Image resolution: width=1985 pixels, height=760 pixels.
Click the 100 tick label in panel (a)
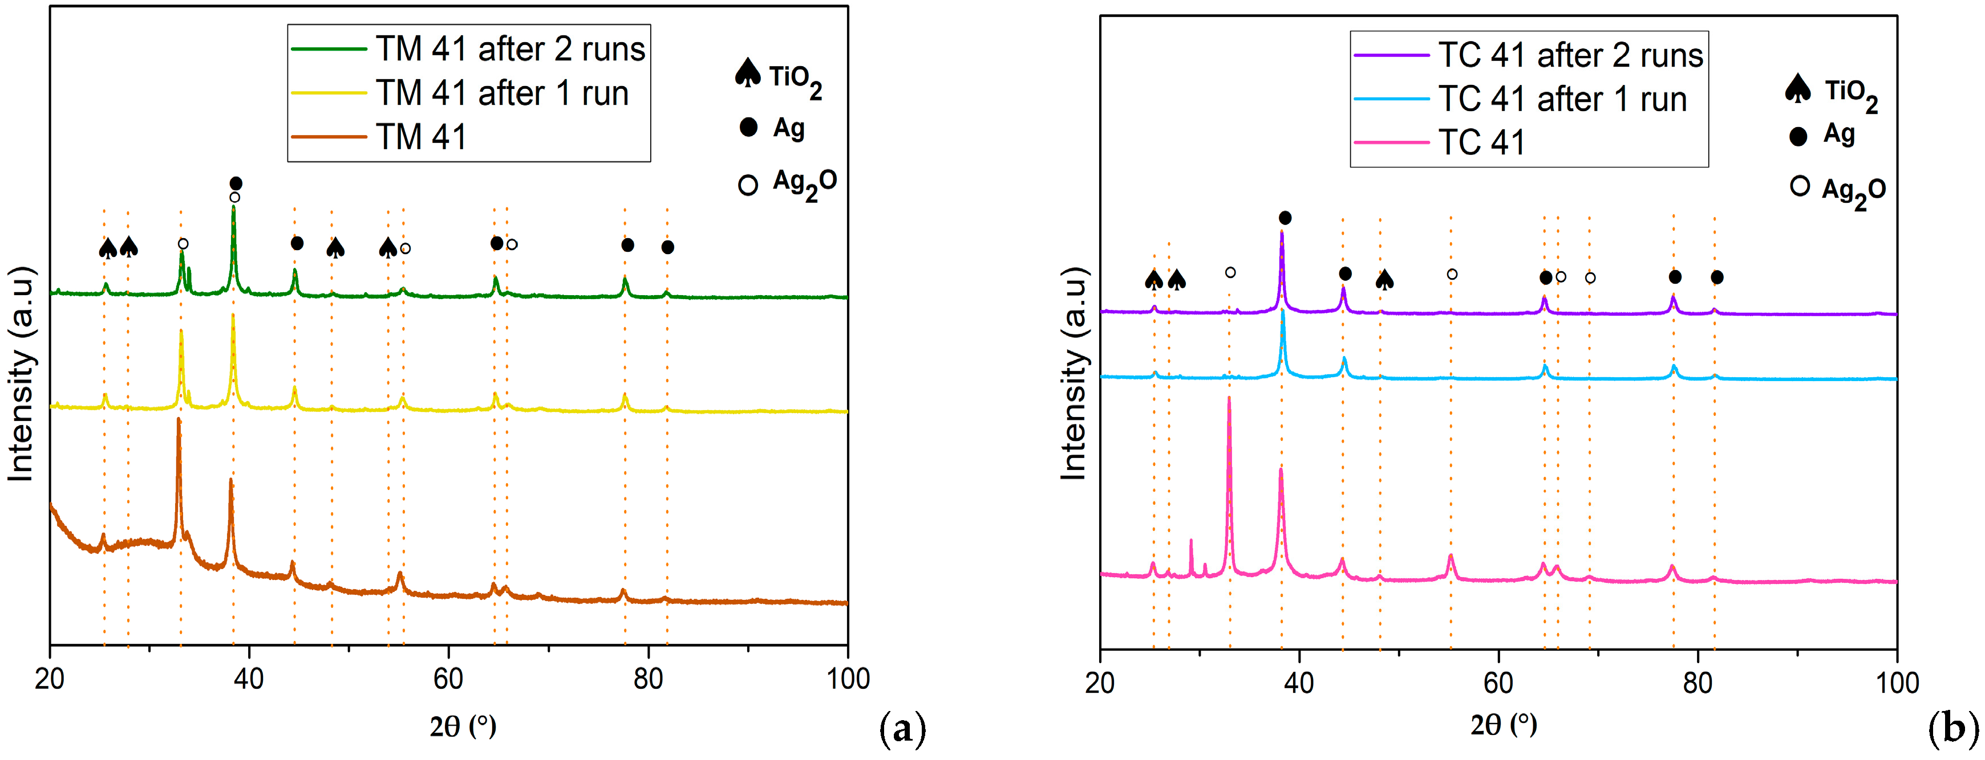tap(847, 679)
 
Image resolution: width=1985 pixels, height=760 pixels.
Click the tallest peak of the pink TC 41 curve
tap(1228, 399)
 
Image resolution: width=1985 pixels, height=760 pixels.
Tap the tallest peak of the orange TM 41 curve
tap(179, 420)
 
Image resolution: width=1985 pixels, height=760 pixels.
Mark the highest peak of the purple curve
tap(1282, 232)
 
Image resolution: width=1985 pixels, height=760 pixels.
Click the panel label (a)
tap(902, 729)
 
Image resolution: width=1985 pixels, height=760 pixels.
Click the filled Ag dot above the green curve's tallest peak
tap(236, 183)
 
